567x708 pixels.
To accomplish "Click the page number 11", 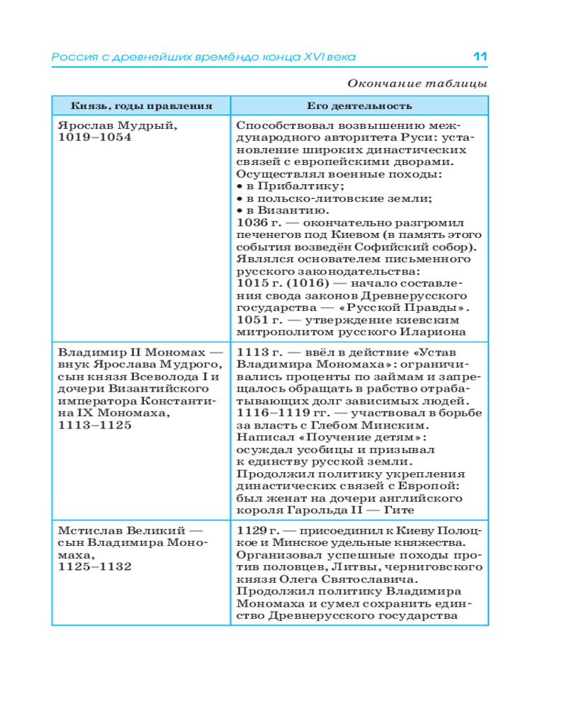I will pyautogui.click(x=481, y=57).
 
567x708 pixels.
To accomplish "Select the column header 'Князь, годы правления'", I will pyautogui.click(x=142, y=106).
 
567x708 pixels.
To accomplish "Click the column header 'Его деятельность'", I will pyautogui.click(x=359, y=106).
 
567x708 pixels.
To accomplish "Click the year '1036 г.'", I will pyautogui.click(x=257, y=222).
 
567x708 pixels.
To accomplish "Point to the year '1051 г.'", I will pyautogui.click(x=257, y=319).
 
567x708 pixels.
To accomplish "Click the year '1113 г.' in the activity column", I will pyautogui.click(x=257, y=352).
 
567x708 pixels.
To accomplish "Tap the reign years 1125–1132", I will pyautogui.click(x=94, y=566).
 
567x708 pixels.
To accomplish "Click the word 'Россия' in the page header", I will pyautogui.click(x=70, y=57).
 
